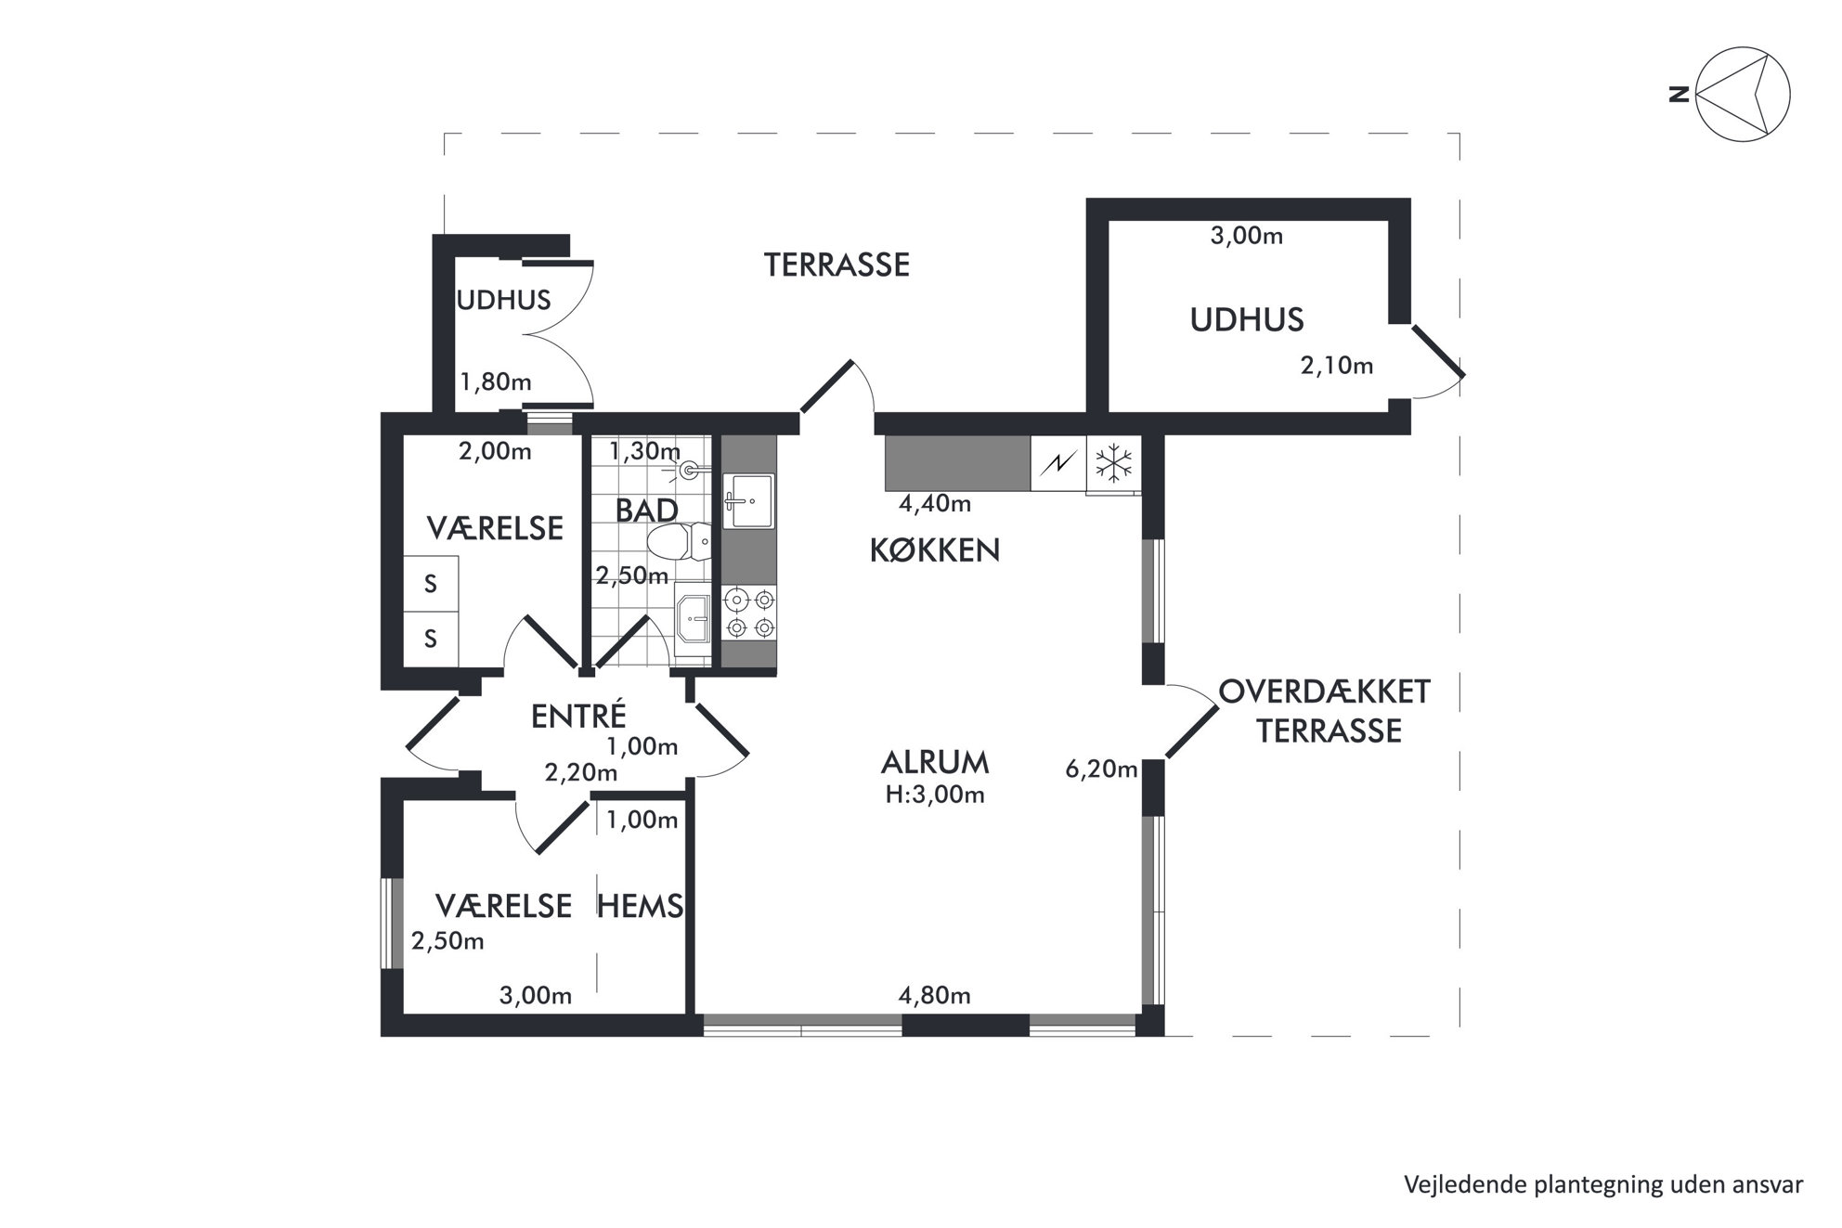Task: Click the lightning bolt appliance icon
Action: pyautogui.click(x=1058, y=463)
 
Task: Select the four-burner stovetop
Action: pyautogui.click(x=749, y=613)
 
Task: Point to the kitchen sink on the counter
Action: pyautogui.click(x=748, y=500)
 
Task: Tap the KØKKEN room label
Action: pyautogui.click(x=935, y=550)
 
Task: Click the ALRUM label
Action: pyautogui.click(x=935, y=763)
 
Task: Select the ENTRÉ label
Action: pyautogui.click(x=578, y=715)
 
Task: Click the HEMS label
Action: pyautogui.click(x=641, y=905)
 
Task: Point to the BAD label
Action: pyautogui.click(x=647, y=511)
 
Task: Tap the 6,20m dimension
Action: pyautogui.click(x=1101, y=769)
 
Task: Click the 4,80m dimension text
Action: pyautogui.click(x=935, y=996)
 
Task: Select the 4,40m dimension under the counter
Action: pyautogui.click(x=935, y=504)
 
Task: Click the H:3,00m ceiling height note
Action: pyautogui.click(x=935, y=795)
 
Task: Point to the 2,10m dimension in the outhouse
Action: pyautogui.click(x=1337, y=366)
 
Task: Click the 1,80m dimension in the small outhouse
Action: pyautogui.click(x=496, y=381)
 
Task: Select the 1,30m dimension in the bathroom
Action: pyautogui.click(x=644, y=451)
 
